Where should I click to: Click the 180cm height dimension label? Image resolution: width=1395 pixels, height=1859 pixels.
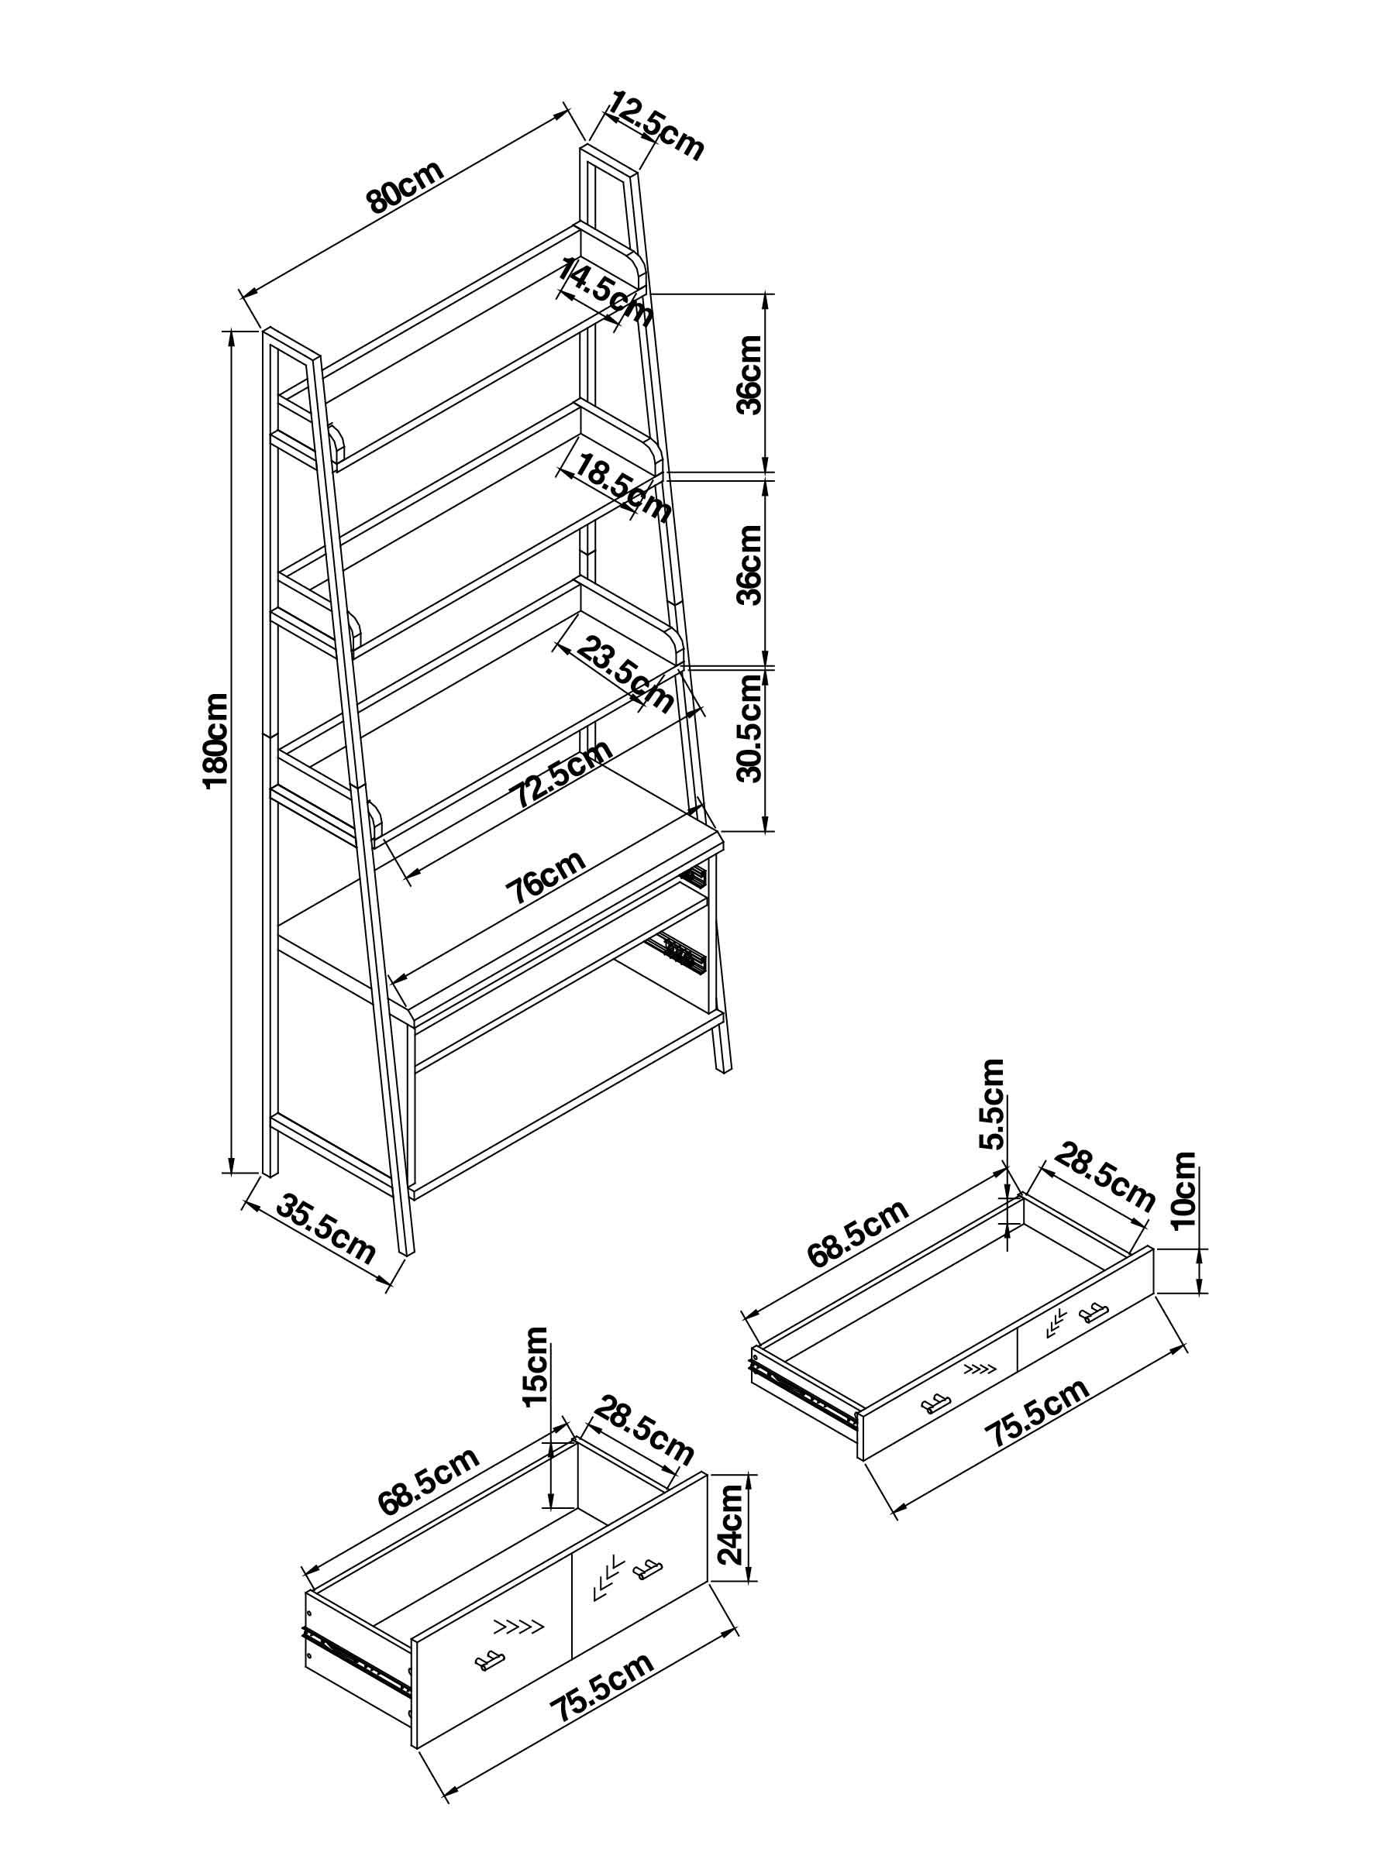point(215,740)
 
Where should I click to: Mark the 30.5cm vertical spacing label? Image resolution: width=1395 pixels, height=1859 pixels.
point(749,728)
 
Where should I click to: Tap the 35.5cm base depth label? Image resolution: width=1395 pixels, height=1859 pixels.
point(325,1232)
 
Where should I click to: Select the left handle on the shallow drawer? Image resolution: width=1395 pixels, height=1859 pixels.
point(935,1404)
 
